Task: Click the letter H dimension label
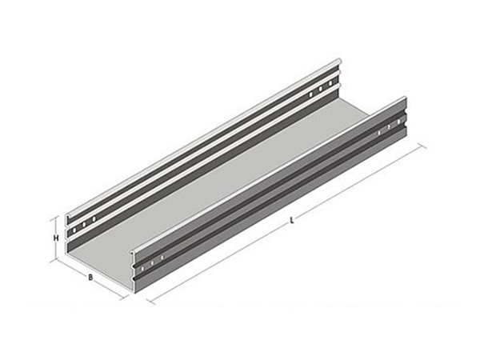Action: (x=56, y=238)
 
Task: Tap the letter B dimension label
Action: (x=90, y=278)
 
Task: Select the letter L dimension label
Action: (x=292, y=220)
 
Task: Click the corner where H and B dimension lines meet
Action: (x=55, y=261)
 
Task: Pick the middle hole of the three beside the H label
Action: (x=83, y=224)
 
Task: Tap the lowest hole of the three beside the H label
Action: (x=74, y=230)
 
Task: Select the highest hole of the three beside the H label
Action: (x=94, y=219)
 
